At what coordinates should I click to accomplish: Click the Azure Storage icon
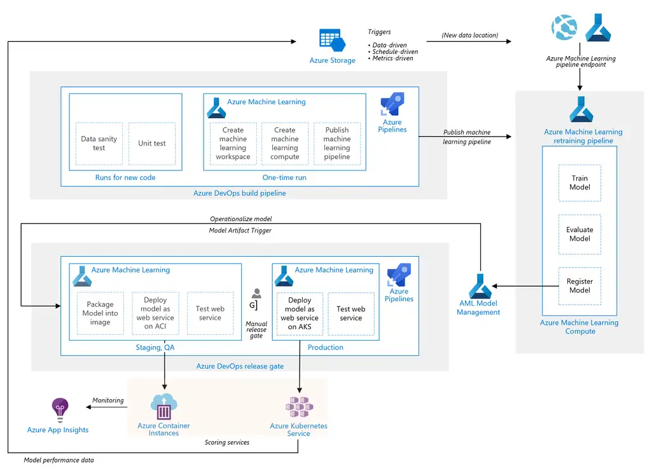pos(332,40)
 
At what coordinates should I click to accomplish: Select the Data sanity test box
pos(99,144)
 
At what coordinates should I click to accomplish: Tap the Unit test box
pos(152,144)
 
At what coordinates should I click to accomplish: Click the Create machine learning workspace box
pos(233,144)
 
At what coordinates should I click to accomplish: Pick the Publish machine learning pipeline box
pos(336,144)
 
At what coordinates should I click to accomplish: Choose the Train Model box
pos(579,183)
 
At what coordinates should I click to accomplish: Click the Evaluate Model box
pos(579,234)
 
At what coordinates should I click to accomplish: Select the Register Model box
pos(579,286)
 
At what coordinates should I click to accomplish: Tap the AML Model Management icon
pos(480,286)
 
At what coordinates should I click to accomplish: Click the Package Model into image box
pos(101,313)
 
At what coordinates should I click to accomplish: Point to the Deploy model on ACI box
pos(155,313)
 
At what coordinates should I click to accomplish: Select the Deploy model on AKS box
pos(300,314)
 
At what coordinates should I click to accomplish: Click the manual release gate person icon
pos(256,293)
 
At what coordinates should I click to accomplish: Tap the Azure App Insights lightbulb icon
pos(60,410)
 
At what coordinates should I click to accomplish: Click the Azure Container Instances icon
pos(164,407)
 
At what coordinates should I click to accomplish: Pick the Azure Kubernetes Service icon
pos(299,407)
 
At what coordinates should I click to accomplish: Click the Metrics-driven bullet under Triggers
pos(391,58)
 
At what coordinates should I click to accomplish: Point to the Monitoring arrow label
pos(108,400)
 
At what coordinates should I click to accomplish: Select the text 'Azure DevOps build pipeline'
pos(240,193)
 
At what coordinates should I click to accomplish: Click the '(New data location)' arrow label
pos(470,36)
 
